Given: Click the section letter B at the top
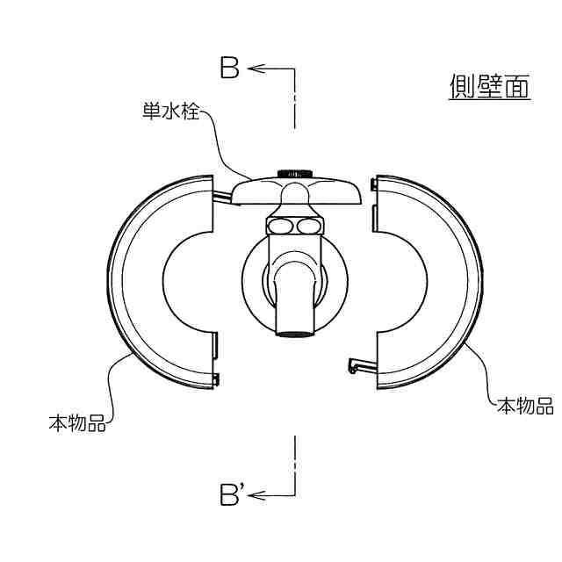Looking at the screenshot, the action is coord(229,68).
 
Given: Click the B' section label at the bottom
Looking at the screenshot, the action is coord(232,495).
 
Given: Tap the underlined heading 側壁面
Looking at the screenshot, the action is coord(489,86).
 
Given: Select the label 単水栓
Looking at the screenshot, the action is coord(170,113).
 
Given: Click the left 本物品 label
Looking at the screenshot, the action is coord(77,423).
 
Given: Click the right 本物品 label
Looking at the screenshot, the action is coord(525,406).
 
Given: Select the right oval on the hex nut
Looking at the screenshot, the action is coord(307,227).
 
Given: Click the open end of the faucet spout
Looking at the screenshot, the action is coord(295,332).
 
